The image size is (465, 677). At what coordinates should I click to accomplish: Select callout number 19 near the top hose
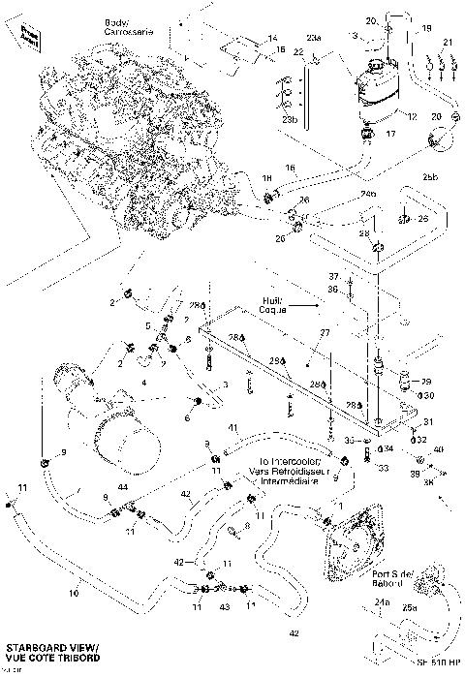click(x=426, y=30)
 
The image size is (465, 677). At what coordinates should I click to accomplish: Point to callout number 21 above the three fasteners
click(x=447, y=43)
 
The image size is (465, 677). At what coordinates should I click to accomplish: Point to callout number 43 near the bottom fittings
click(x=224, y=607)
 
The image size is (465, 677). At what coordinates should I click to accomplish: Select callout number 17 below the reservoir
click(x=392, y=135)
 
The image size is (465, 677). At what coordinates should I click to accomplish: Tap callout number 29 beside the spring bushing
click(x=424, y=383)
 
